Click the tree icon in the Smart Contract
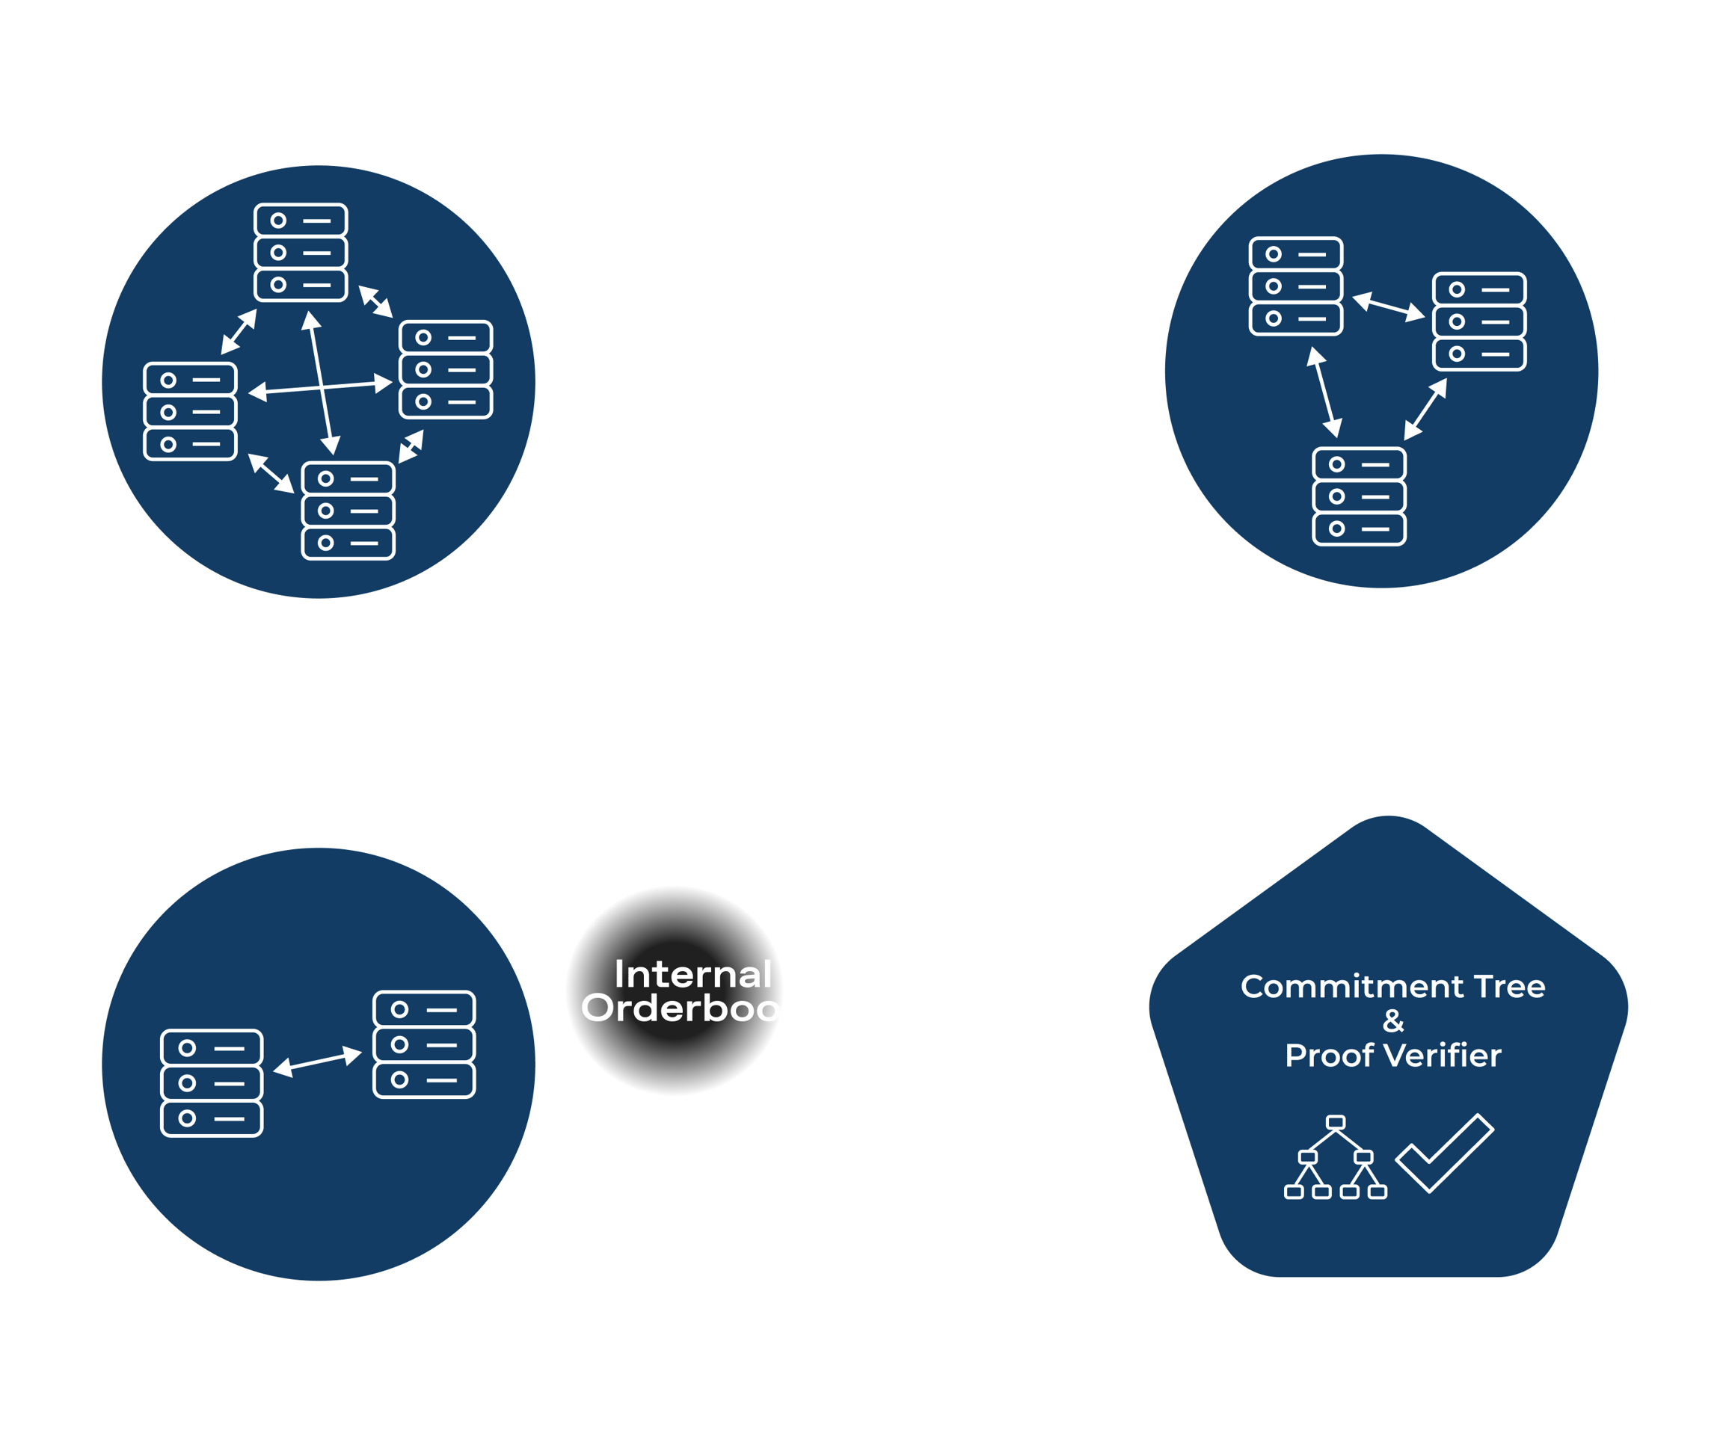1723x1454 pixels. (1336, 1157)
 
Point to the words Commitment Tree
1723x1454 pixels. (1392, 987)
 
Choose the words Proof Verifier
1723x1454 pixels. (1392, 1056)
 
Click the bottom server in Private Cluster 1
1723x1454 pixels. (1359, 496)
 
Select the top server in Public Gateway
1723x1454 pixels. (301, 252)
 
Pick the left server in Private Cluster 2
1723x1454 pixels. (212, 1083)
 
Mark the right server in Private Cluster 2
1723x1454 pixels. (424, 1044)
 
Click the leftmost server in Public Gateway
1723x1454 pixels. (191, 411)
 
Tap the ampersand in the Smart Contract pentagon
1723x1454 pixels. (1393, 1021)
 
